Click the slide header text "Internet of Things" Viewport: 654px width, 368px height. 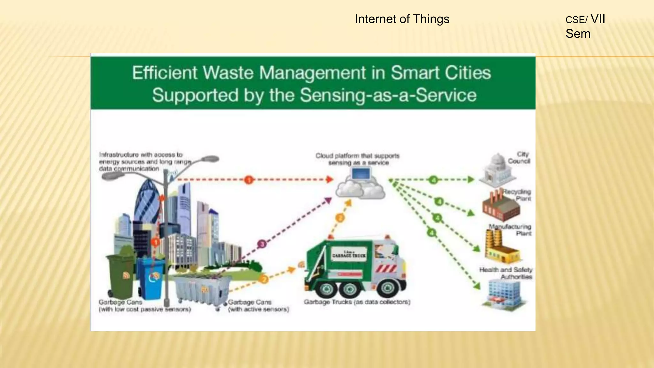click(402, 19)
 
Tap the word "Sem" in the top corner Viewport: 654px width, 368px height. click(578, 34)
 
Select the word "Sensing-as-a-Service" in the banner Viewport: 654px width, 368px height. click(388, 95)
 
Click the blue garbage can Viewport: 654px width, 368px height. click(152, 278)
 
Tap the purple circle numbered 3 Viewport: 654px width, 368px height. click(262, 244)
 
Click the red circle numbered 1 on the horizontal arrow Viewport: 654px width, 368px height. click(249, 180)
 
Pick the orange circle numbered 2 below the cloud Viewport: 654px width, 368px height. click(340, 218)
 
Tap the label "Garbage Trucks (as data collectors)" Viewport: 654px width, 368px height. click(357, 302)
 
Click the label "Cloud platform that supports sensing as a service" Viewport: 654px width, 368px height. click(358, 159)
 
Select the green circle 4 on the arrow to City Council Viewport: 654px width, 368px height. click(433, 180)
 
